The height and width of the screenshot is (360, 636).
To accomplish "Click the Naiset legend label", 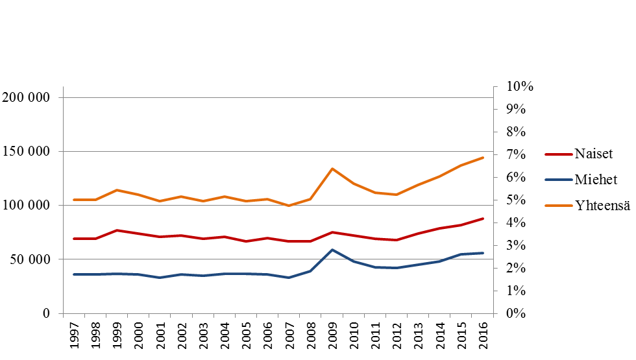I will (x=594, y=154).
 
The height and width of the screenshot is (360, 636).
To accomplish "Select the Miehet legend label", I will (x=596, y=180).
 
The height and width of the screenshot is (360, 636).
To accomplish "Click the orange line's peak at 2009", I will (x=332, y=169).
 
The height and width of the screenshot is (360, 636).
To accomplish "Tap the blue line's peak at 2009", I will (x=332, y=250).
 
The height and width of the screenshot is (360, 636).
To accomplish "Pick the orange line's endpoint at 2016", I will (x=483, y=158).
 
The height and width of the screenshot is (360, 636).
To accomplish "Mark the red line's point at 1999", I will (x=117, y=230).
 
